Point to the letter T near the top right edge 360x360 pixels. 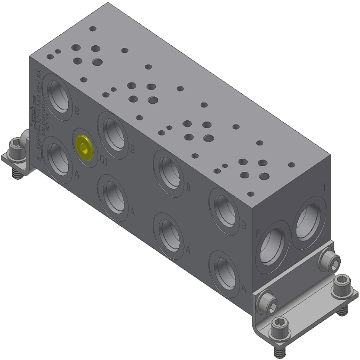(x=325, y=188)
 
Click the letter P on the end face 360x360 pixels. (x=257, y=234)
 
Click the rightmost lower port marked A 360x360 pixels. (x=224, y=274)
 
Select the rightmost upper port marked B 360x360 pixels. (x=224, y=211)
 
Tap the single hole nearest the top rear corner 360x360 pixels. (x=93, y=28)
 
